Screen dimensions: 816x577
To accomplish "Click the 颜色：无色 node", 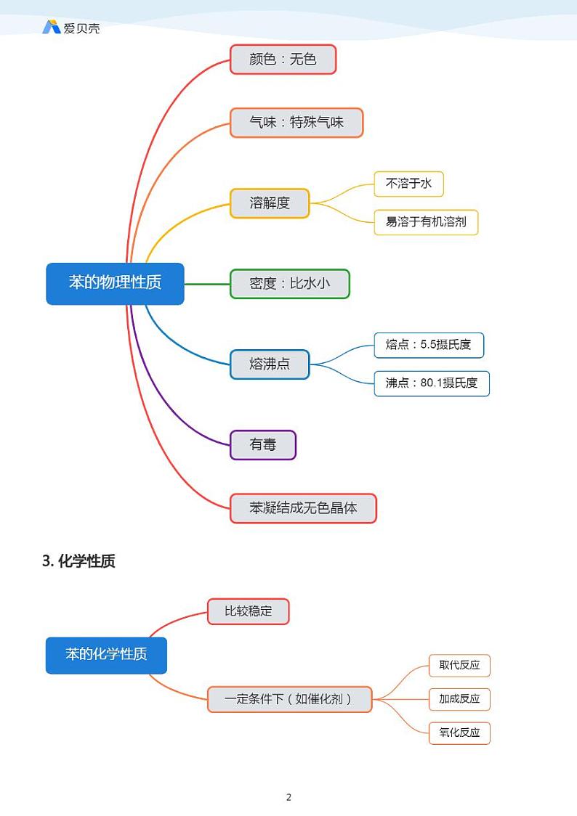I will pyautogui.click(x=283, y=60).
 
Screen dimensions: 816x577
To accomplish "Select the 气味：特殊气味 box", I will pyautogui.click(x=296, y=123).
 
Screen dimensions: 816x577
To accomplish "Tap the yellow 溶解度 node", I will pyautogui.click(x=270, y=203).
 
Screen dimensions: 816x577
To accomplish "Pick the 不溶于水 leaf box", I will pyautogui.click(x=408, y=184).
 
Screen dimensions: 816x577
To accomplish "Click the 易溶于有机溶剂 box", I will pyautogui.click(x=426, y=222).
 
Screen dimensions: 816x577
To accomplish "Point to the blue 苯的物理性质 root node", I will pyautogui.click(x=115, y=283).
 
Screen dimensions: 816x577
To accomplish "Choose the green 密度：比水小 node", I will pyautogui.click(x=289, y=284).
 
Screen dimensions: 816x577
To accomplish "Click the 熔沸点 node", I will pyautogui.click(x=270, y=364).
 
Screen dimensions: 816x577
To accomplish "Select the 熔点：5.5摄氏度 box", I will pyautogui.click(x=428, y=345).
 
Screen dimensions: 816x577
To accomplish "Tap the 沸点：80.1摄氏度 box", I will pyautogui.click(x=432, y=383).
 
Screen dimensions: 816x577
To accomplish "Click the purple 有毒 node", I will pyautogui.click(x=263, y=445).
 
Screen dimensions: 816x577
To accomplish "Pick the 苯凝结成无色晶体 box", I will pyautogui.click(x=303, y=508).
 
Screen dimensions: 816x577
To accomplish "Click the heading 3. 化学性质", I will pyautogui.click(x=78, y=561).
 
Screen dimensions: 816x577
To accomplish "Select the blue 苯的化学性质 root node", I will pyautogui.click(x=106, y=655).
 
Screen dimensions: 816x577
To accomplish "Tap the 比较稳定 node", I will pyautogui.click(x=248, y=611).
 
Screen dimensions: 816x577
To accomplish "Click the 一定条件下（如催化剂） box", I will pyautogui.click(x=289, y=699).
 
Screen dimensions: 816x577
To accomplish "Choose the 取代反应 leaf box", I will pyautogui.click(x=459, y=666).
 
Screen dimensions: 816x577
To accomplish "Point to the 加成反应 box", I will pyautogui.click(x=459, y=699).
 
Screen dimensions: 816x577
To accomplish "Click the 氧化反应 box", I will pyautogui.click(x=459, y=733).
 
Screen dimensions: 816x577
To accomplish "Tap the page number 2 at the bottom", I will pyautogui.click(x=288, y=797).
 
